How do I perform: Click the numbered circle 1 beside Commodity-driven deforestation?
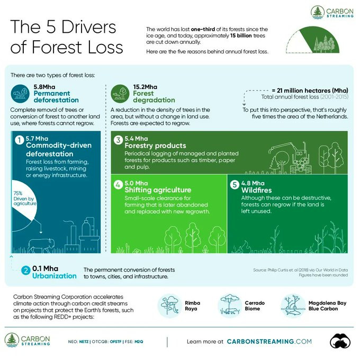(x=20, y=140)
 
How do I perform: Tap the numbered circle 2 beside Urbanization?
(x=26, y=270)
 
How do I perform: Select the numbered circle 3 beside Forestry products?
(x=118, y=140)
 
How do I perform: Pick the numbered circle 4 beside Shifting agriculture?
(x=118, y=185)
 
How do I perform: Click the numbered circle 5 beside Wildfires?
(x=235, y=185)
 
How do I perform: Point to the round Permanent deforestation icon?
(x=20, y=94)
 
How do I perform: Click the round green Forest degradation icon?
(x=120, y=94)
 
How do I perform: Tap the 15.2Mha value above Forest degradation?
(x=145, y=87)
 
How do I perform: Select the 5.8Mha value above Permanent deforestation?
(x=44, y=87)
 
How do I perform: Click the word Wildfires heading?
(x=256, y=190)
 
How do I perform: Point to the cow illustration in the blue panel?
(x=41, y=246)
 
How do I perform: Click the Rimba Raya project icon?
(x=170, y=306)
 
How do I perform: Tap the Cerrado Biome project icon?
(x=230, y=306)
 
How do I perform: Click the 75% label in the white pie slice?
(x=18, y=193)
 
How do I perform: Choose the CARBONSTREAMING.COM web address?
(x=269, y=341)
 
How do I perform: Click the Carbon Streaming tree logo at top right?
(x=318, y=12)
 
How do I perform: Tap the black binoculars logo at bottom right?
(x=340, y=341)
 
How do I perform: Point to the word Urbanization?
(x=55, y=276)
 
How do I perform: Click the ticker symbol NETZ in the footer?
(x=84, y=341)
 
